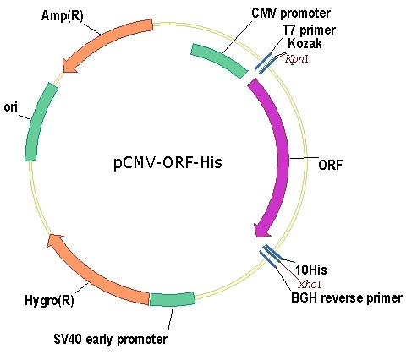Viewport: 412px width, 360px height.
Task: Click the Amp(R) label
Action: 63,15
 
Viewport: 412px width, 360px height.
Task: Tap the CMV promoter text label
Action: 291,13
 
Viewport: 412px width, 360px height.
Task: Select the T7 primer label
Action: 310,30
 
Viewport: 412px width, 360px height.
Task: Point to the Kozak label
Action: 305,43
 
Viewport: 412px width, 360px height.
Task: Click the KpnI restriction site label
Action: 297,59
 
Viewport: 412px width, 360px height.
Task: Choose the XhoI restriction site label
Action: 310,284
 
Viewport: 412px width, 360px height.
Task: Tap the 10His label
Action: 311,270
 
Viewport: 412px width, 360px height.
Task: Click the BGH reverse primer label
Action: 347,297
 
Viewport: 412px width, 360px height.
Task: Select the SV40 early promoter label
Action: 110,339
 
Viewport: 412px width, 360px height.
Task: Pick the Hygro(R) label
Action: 49,300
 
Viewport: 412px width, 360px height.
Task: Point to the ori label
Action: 10,107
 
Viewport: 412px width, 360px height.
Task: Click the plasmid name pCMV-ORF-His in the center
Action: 168,162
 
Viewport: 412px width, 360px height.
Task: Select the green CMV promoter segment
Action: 218,60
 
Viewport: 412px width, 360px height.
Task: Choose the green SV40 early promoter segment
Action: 172,299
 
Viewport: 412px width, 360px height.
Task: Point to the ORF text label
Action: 330,165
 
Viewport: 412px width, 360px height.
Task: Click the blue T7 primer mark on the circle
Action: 263,61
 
